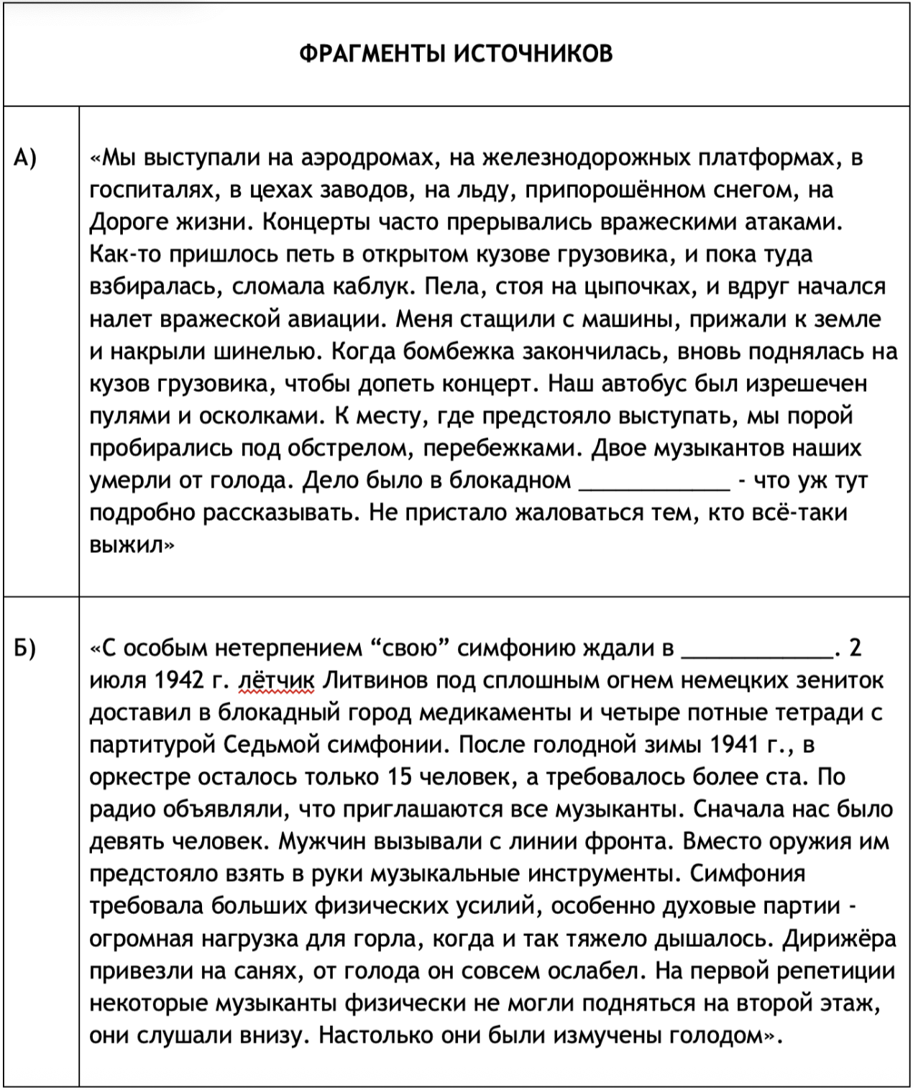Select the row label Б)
(25, 648)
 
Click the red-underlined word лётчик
(276, 680)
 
